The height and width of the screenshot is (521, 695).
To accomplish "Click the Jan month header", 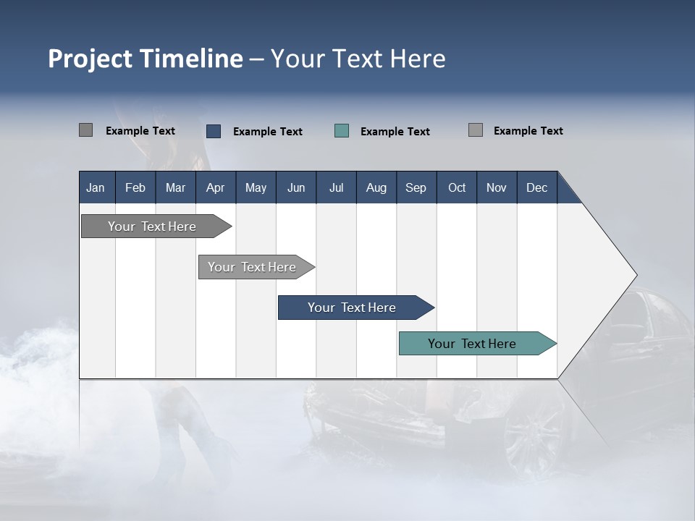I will [96, 187].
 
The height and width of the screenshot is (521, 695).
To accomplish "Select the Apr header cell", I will [215, 187].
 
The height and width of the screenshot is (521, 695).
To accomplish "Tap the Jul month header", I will [336, 187].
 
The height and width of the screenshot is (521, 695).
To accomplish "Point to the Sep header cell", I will [416, 187].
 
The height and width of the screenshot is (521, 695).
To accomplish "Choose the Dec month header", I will [536, 187].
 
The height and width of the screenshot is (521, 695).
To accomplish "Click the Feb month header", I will [135, 187].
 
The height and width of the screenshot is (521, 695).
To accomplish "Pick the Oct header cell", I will [457, 187].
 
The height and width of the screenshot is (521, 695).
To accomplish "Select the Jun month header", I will [296, 187].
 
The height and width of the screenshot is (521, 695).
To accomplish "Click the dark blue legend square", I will [214, 131].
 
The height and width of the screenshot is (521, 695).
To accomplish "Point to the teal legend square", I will [342, 131].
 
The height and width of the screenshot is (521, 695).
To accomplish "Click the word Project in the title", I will [90, 59].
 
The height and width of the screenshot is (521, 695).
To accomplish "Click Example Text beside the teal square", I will [395, 132].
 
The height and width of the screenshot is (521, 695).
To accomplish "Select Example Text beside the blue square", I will [267, 132].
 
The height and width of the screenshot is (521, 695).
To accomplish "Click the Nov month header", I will [497, 187].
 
